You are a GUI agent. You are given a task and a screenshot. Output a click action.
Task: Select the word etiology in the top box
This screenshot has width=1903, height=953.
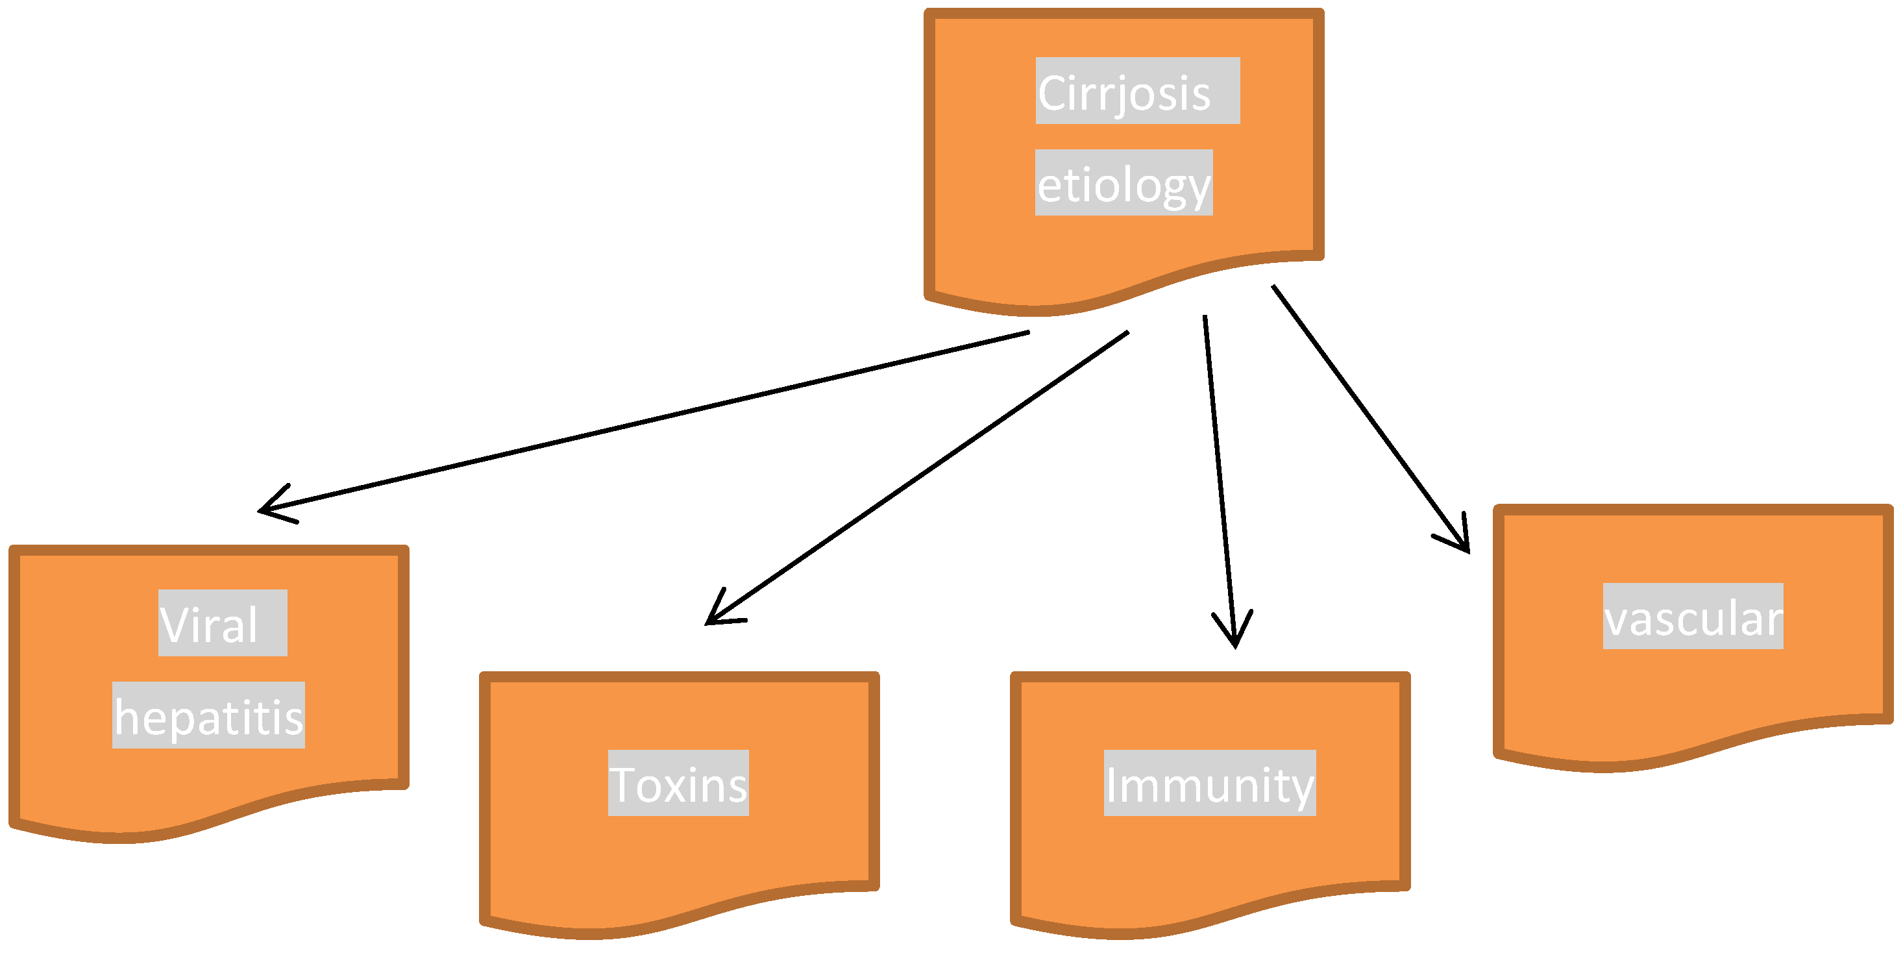pos(1123,184)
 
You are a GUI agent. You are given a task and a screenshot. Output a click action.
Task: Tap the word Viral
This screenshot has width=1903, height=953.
pos(208,625)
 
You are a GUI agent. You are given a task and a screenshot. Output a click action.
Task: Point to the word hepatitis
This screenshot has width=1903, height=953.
pos(208,717)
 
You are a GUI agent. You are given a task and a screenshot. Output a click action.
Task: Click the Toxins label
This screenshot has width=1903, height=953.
pos(678,785)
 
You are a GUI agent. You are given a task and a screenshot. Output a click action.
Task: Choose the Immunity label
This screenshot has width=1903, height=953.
pos(1209,785)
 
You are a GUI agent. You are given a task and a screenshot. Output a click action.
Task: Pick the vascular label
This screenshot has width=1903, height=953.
pos(1693,618)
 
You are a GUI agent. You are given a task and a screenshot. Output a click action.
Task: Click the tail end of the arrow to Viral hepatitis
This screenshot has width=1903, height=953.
pos(1027,333)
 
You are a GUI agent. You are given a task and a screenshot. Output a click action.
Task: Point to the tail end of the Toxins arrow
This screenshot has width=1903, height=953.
pos(1127,333)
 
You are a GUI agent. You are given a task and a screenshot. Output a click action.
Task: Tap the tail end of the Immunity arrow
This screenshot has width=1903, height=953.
pos(1205,317)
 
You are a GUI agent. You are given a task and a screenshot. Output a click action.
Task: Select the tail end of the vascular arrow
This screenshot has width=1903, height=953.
pos(1273,288)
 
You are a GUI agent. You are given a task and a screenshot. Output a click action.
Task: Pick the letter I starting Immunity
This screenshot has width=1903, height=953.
pos(1111,785)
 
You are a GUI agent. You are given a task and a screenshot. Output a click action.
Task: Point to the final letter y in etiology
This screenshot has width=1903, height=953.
pos(1198,188)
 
